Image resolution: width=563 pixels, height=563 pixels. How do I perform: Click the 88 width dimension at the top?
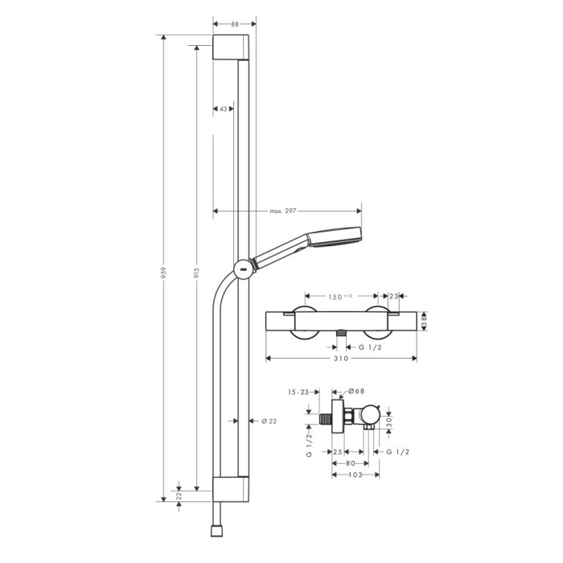(235, 24)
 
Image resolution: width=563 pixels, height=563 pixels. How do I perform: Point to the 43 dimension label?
(224, 109)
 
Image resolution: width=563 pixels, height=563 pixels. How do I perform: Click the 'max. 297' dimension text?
(283, 211)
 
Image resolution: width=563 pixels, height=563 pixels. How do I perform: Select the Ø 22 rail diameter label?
(269, 421)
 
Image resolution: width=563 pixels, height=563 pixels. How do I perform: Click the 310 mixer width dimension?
(341, 359)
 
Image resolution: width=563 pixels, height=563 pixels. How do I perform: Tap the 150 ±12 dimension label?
(340, 297)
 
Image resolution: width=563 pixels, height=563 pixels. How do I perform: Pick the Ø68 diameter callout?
(356, 391)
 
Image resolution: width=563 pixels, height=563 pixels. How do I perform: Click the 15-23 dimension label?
(298, 392)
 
